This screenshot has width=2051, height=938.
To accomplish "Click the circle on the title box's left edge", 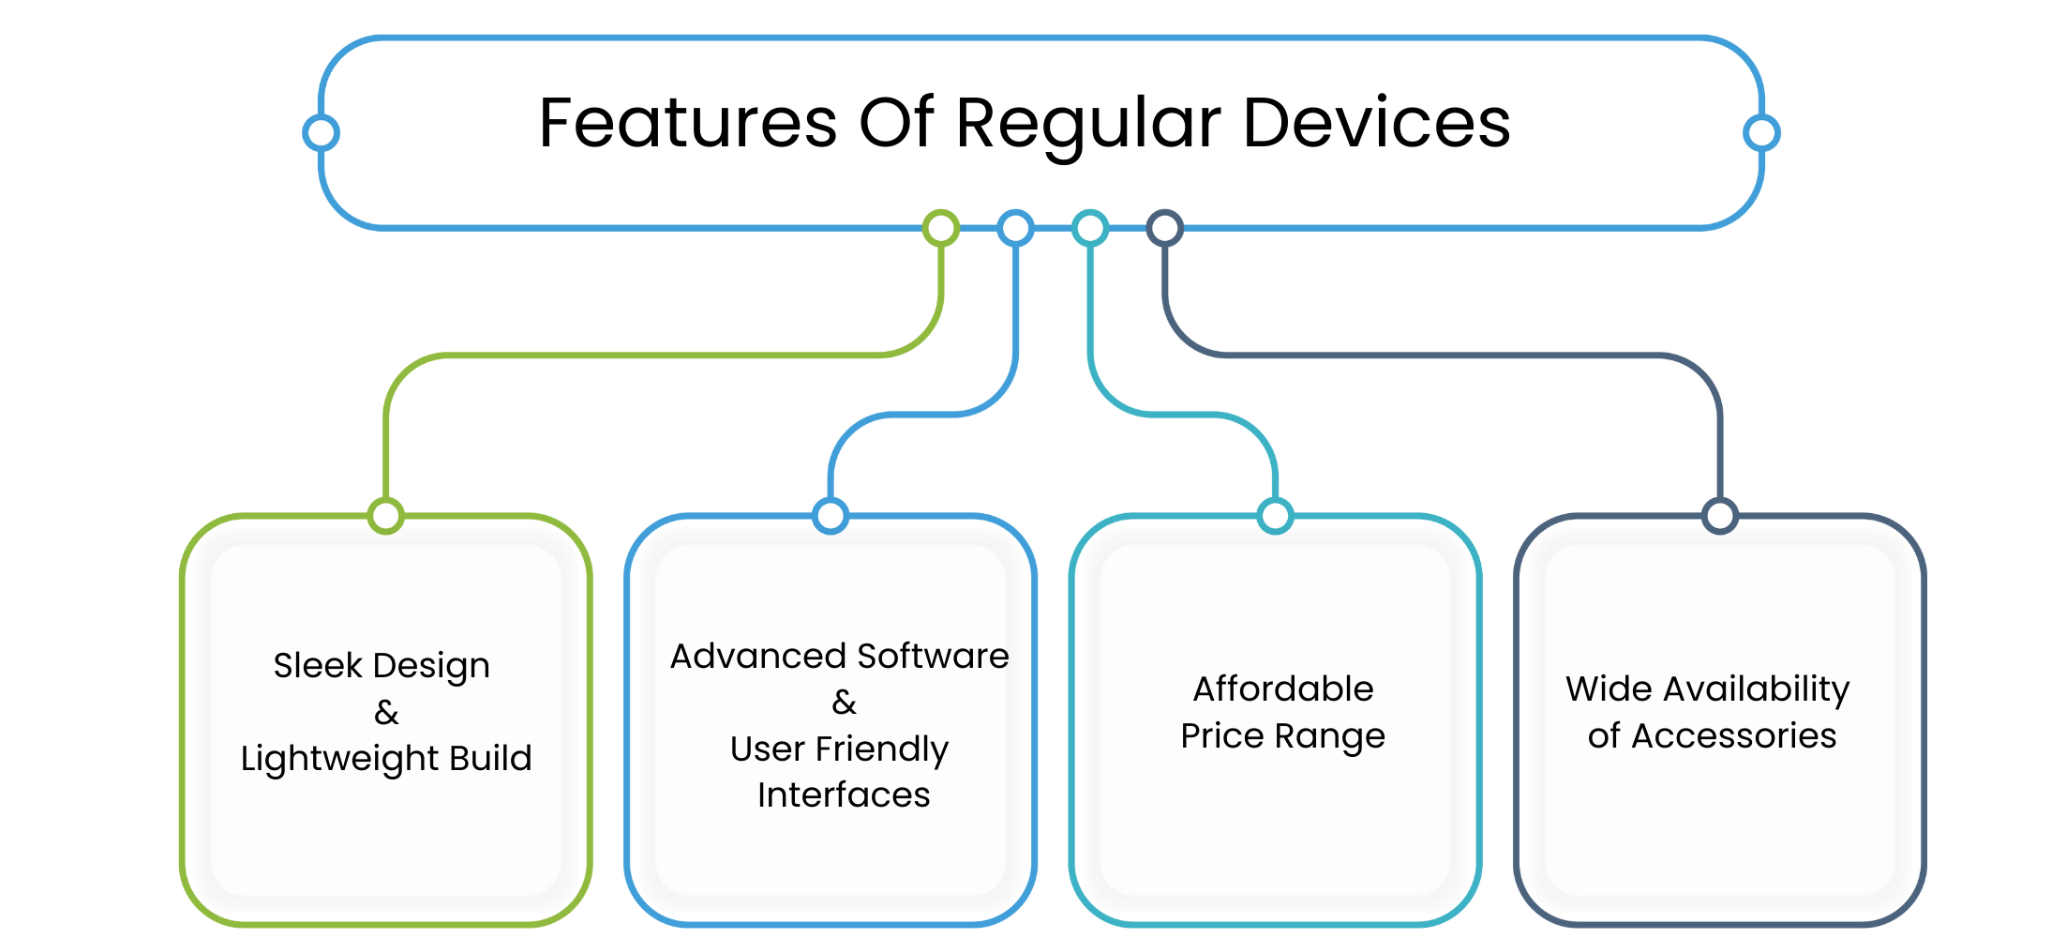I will pos(322,133).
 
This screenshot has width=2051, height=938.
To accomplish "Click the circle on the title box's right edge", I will pos(1761,133).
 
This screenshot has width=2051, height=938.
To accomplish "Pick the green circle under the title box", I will pos(941,228).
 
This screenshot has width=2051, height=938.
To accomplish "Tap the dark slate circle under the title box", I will pos(1165,228).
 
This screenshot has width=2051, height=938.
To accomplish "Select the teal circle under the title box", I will pos(1090,228).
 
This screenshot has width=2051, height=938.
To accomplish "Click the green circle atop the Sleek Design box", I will pos(386,516).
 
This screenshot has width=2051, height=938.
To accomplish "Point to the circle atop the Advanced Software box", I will pos(831,516).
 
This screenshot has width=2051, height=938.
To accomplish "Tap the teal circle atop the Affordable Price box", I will pos(1275,516).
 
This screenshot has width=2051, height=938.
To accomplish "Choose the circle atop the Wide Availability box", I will pos(1720,516).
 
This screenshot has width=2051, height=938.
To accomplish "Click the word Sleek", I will pos(318,665).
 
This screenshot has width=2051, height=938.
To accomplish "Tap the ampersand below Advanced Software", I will pos(844,703).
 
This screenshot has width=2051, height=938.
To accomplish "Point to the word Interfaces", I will pos(844,795).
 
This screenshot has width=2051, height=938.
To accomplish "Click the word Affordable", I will pos(1282,688).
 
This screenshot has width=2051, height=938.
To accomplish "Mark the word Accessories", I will pos(1734,736).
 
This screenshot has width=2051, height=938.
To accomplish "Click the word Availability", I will pos(1757,689).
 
